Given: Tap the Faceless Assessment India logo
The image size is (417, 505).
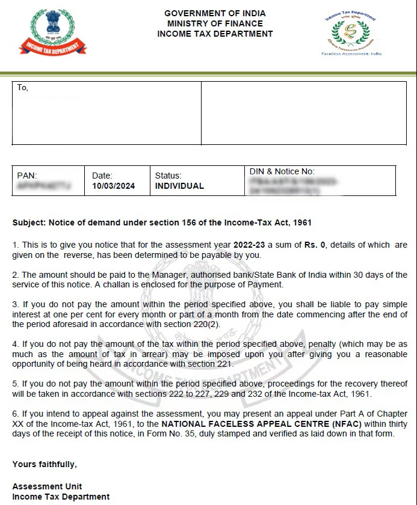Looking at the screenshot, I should [351, 34].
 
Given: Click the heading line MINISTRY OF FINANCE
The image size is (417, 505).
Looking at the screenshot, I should [215, 23].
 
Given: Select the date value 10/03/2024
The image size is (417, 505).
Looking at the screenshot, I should [113, 186].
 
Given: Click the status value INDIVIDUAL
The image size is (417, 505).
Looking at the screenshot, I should [179, 186].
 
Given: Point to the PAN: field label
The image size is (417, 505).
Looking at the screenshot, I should [27, 176].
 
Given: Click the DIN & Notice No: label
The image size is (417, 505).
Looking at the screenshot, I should [282, 171].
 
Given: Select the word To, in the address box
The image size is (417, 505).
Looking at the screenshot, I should [23, 88].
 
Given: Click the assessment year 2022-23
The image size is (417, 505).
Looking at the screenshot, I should [250, 245].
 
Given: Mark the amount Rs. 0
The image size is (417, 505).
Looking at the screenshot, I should [309, 245].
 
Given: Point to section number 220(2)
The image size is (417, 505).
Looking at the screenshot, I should [205, 324].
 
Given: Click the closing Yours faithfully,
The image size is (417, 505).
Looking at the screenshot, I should [45, 464].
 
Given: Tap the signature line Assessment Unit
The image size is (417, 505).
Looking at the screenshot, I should [47, 486].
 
